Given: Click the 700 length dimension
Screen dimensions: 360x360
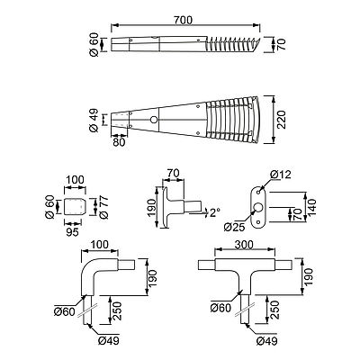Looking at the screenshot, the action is click(x=183, y=20).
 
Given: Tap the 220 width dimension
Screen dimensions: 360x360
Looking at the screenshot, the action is click(x=281, y=120).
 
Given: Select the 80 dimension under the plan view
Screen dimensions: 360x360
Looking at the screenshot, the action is click(x=119, y=142).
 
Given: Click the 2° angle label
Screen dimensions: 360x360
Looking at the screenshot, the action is click(x=214, y=212).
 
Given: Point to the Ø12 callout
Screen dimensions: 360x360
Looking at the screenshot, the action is click(x=280, y=175).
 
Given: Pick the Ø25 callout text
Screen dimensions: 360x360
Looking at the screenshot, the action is click(x=234, y=227).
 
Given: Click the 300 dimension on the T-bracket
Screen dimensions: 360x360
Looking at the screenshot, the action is click(x=244, y=245).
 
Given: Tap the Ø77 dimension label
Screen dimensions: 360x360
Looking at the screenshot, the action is click(x=103, y=207).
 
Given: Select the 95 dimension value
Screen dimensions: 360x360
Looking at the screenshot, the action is click(x=72, y=232).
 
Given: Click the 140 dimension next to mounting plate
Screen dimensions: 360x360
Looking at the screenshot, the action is click(x=312, y=207).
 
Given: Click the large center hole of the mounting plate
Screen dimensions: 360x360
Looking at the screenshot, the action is click(x=258, y=207).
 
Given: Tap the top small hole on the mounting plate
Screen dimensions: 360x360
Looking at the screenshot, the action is click(x=258, y=191).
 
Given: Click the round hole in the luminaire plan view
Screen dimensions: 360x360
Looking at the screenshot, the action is click(x=154, y=120).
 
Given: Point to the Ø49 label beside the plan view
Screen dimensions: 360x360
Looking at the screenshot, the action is click(x=94, y=120).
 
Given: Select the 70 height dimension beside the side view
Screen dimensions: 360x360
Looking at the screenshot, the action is click(x=282, y=44).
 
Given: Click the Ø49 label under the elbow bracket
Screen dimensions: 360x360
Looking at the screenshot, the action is click(x=108, y=340).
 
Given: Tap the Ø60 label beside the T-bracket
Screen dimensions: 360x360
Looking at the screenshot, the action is click(x=220, y=308).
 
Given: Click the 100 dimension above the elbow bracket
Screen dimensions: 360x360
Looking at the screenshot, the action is click(x=100, y=245).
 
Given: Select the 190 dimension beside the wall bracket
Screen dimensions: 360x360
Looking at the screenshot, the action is click(x=152, y=206).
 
